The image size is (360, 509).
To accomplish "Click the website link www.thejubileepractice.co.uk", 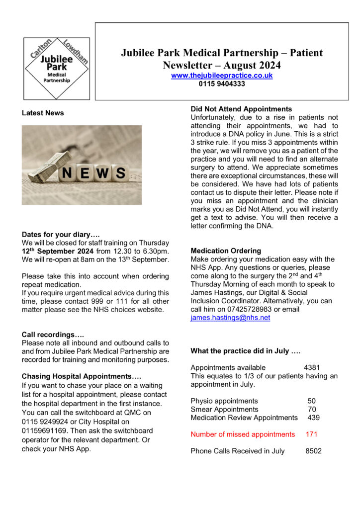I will point(222,76).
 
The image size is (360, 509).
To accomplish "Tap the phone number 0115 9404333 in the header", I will point(222,84).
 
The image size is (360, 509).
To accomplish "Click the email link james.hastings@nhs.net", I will point(230,318).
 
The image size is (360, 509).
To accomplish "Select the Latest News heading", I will point(43,113).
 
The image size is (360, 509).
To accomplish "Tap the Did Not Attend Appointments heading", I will point(241,109).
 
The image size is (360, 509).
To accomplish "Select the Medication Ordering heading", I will point(226,251).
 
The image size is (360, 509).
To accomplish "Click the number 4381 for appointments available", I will point(312,368).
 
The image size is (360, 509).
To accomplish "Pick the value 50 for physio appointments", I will point(312,401).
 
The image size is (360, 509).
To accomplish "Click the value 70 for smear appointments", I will point(312,409).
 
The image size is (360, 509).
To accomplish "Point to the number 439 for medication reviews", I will point(313,418).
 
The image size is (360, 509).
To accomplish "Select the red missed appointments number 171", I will point(312,434).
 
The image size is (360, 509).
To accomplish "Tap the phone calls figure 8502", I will point(313,451).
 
